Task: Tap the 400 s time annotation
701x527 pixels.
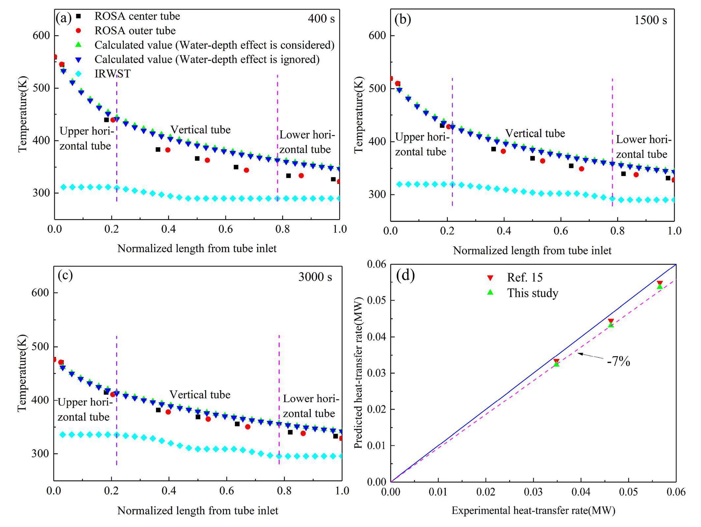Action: [x=321, y=19]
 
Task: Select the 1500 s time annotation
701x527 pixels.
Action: [x=650, y=20]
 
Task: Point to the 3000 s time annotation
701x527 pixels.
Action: [x=315, y=277]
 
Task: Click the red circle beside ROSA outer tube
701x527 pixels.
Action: [x=78, y=31]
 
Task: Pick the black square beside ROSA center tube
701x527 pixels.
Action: [x=78, y=16]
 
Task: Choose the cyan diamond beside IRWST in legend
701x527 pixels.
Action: [x=78, y=73]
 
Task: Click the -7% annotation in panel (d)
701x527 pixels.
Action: [x=618, y=362]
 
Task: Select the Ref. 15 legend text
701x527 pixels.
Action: [x=525, y=277]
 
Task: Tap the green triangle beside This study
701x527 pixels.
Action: [x=491, y=292]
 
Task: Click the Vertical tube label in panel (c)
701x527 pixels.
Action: [x=200, y=395]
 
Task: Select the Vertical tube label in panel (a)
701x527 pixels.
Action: [x=200, y=129]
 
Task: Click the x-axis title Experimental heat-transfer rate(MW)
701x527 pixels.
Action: [x=533, y=511]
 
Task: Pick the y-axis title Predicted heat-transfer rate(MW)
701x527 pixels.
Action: [x=359, y=373]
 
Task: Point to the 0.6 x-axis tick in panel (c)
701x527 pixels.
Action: [x=226, y=491]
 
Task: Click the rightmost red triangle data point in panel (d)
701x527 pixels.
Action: [x=659, y=283]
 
